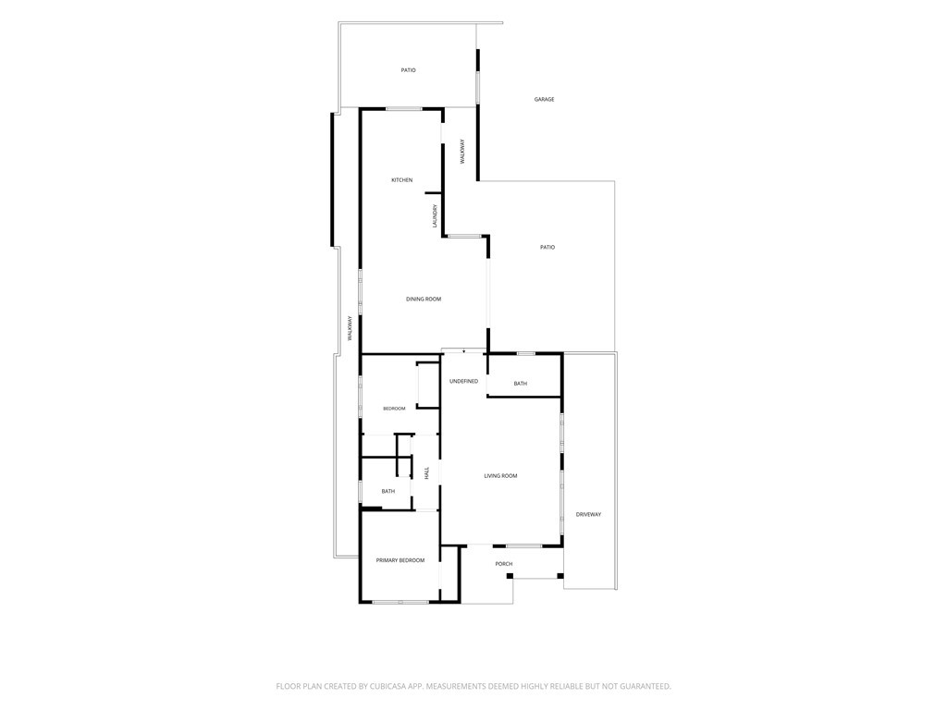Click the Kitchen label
pyautogui.click(x=401, y=180)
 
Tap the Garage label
pyautogui.click(x=544, y=99)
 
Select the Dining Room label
pyautogui.click(x=424, y=299)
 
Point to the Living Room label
pyautogui.click(x=500, y=476)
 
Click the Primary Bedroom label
pyautogui.click(x=400, y=560)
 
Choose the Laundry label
pyautogui.click(x=435, y=216)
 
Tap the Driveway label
pyautogui.click(x=588, y=514)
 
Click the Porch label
pyautogui.click(x=504, y=564)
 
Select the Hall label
pyautogui.click(x=426, y=472)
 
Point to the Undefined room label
pyautogui.click(x=464, y=381)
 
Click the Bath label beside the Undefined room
pyautogui.click(x=520, y=384)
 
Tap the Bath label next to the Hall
pyautogui.click(x=388, y=492)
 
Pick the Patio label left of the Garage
pyautogui.click(x=408, y=70)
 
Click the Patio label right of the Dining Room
pyautogui.click(x=547, y=247)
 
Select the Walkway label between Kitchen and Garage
pyautogui.click(x=462, y=152)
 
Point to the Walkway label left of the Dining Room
pyautogui.click(x=350, y=329)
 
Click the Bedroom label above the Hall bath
pyautogui.click(x=394, y=409)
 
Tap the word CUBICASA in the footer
pyautogui.click(x=391, y=687)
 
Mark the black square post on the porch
pyautogui.click(x=510, y=576)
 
